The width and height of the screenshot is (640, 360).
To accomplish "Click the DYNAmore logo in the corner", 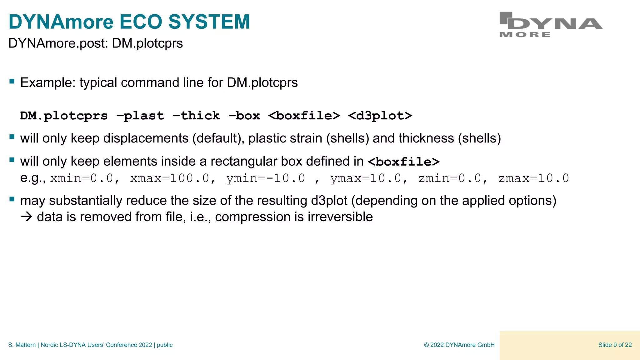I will (551, 25).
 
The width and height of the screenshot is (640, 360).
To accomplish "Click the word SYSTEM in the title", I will (209, 22).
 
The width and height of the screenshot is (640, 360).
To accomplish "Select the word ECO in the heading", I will (141, 22).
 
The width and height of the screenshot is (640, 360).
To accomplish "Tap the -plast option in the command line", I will (140, 116).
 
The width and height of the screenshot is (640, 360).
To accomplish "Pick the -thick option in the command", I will (196, 116).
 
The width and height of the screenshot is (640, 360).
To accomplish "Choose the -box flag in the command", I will (244, 116).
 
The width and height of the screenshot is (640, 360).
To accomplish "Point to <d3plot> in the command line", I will (380, 116).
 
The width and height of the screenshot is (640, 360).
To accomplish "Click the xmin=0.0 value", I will (82, 178).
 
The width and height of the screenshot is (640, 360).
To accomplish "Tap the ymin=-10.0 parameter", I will (266, 178).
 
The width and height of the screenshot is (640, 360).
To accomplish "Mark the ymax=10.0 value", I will (366, 178).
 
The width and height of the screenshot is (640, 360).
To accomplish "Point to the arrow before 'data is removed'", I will (27, 217).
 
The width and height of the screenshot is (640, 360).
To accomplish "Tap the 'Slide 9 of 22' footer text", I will (615, 345).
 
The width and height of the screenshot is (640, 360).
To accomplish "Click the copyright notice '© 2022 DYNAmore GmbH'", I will (459, 345).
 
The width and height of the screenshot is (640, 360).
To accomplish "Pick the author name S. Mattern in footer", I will (22, 345).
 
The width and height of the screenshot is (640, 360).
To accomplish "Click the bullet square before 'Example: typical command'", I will (12, 82).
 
